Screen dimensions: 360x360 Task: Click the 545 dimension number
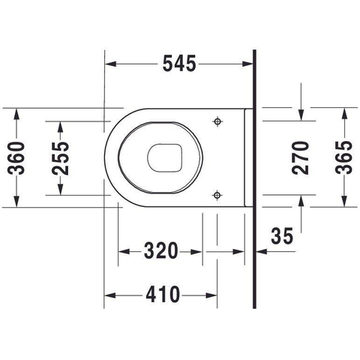pyautogui.click(x=179, y=64)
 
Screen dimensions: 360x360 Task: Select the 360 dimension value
pyautogui.click(x=16, y=157)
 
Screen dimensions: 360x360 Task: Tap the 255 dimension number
pyautogui.click(x=60, y=157)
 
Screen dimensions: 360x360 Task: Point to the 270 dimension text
pyautogui.click(x=301, y=157)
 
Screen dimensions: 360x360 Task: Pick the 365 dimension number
pyautogui.click(x=344, y=157)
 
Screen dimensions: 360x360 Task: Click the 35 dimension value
pyautogui.click(x=282, y=235)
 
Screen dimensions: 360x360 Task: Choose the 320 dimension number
pyautogui.click(x=161, y=250)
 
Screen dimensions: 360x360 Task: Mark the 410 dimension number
pyautogui.click(x=163, y=294)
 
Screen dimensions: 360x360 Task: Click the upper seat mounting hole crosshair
pyautogui.click(x=217, y=121)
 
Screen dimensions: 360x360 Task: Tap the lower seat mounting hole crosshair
pyautogui.click(x=217, y=195)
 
